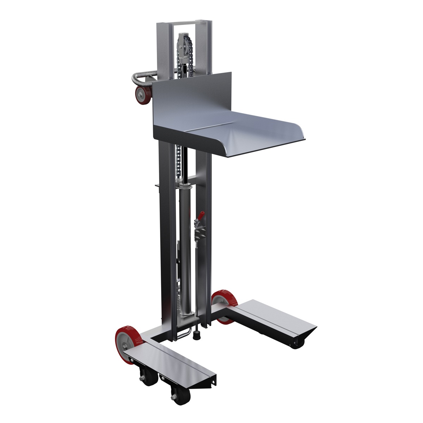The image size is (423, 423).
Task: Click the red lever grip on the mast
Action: pos(201,215)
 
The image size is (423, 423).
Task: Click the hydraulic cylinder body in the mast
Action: pos(185,247)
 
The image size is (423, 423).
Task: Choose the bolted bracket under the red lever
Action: pos(200,233)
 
